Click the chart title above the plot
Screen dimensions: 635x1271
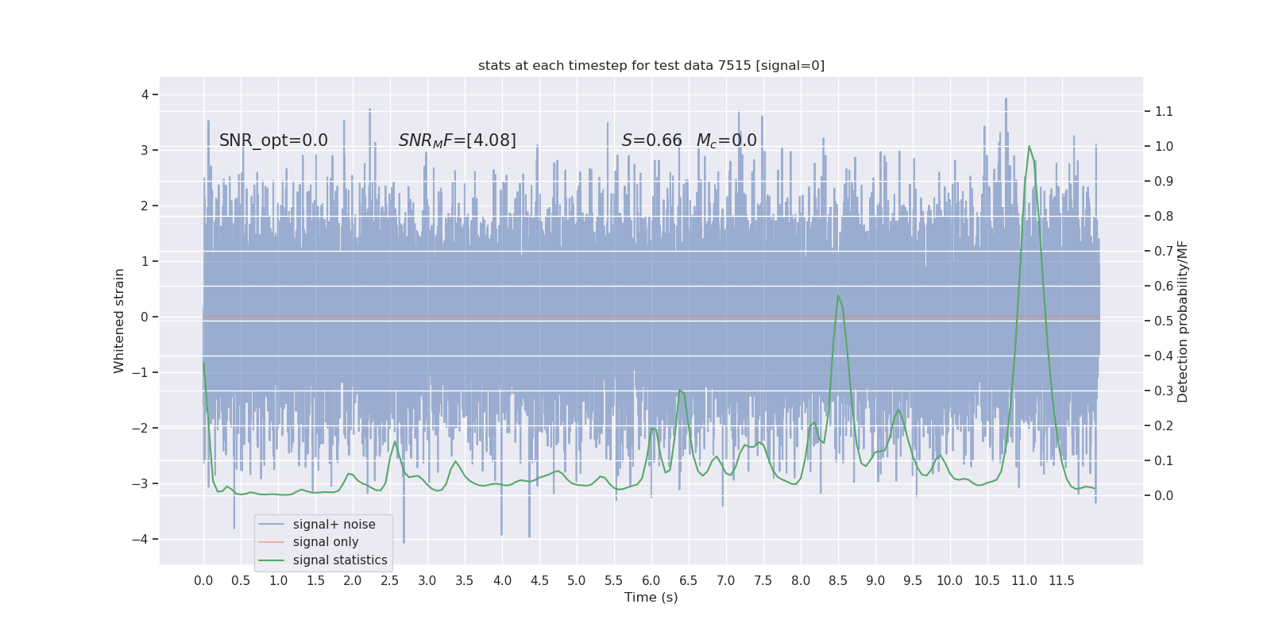tap(651, 66)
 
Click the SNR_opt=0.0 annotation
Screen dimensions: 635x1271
tap(273, 140)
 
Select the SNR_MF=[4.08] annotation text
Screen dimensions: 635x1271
tap(457, 140)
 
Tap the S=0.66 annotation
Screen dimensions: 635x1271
tap(651, 140)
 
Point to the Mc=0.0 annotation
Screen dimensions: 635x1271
tap(726, 140)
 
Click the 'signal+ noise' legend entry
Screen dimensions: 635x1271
tap(334, 525)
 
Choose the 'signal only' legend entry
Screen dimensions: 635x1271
tap(326, 542)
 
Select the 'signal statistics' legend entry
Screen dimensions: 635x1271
tap(340, 560)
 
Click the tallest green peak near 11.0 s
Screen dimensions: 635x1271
tap(1030, 147)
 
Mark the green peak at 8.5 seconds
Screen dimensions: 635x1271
tap(838, 296)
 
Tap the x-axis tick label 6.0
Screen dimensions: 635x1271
tap(651, 581)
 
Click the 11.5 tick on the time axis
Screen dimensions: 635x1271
tap(1061, 581)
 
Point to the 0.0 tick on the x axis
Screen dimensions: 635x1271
tap(203, 581)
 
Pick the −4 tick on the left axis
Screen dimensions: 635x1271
tap(143, 540)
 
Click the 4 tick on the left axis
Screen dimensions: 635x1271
tap(145, 95)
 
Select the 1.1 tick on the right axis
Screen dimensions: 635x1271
tap(1164, 112)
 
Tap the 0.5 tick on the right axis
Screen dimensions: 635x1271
tap(1164, 321)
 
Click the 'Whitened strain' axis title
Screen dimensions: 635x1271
tap(119, 321)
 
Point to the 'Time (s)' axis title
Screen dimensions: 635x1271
tap(651, 598)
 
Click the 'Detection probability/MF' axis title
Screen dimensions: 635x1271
tap(1183, 321)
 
